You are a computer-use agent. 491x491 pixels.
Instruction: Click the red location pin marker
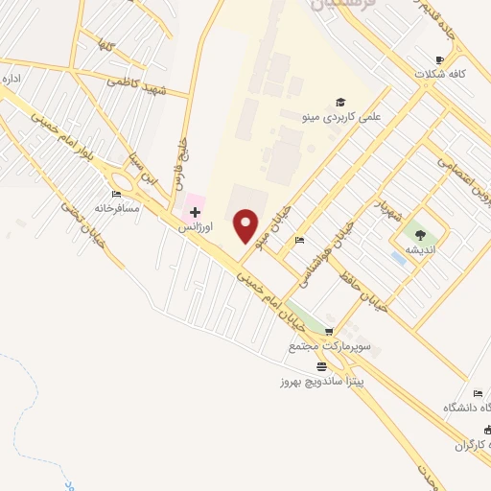tap(246, 225)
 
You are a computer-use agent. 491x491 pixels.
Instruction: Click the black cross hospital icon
tap(195, 212)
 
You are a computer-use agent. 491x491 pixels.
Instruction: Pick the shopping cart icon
tap(329, 332)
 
